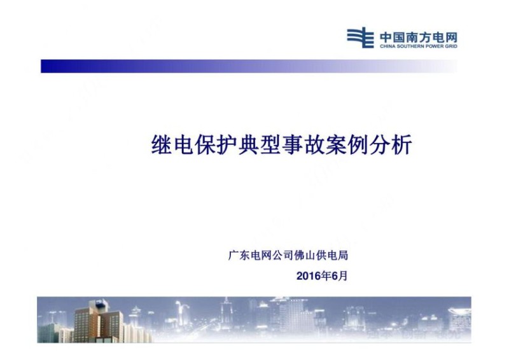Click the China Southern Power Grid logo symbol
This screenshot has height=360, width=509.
[360, 38]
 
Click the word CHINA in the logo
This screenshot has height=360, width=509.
[387, 46]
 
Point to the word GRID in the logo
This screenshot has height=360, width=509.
[451, 46]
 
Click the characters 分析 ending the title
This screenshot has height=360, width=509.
[393, 146]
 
